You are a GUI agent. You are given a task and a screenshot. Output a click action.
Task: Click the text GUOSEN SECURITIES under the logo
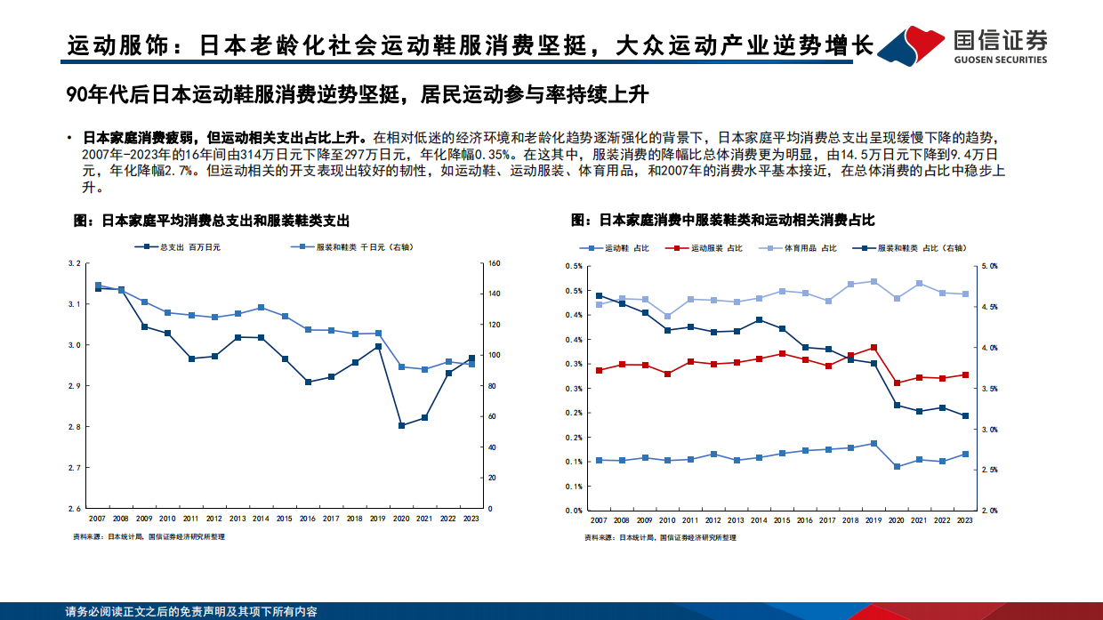[x=1000, y=60]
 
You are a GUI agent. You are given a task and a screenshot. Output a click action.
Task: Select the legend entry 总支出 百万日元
[x=183, y=247]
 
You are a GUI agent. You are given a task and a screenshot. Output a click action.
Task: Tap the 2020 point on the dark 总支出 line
[x=401, y=425]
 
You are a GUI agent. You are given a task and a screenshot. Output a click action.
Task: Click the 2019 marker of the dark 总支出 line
[x=378, y=346]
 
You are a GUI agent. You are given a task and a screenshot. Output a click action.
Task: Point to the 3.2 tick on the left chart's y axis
[x=75, y=263]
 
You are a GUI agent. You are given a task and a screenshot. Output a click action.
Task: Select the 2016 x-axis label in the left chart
[x=308, y=518]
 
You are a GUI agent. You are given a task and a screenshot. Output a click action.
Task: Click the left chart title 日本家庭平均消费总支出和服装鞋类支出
[x=211, y=220]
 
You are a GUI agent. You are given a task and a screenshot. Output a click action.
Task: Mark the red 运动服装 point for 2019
[x=874, y=348]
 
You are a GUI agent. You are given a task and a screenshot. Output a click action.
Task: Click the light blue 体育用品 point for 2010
[x=667, y=316]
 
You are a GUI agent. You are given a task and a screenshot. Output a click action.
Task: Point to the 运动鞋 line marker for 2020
[x=897, y=466]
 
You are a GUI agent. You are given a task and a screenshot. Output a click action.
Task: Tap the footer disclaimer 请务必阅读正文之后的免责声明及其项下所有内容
[x=191, y=612]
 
